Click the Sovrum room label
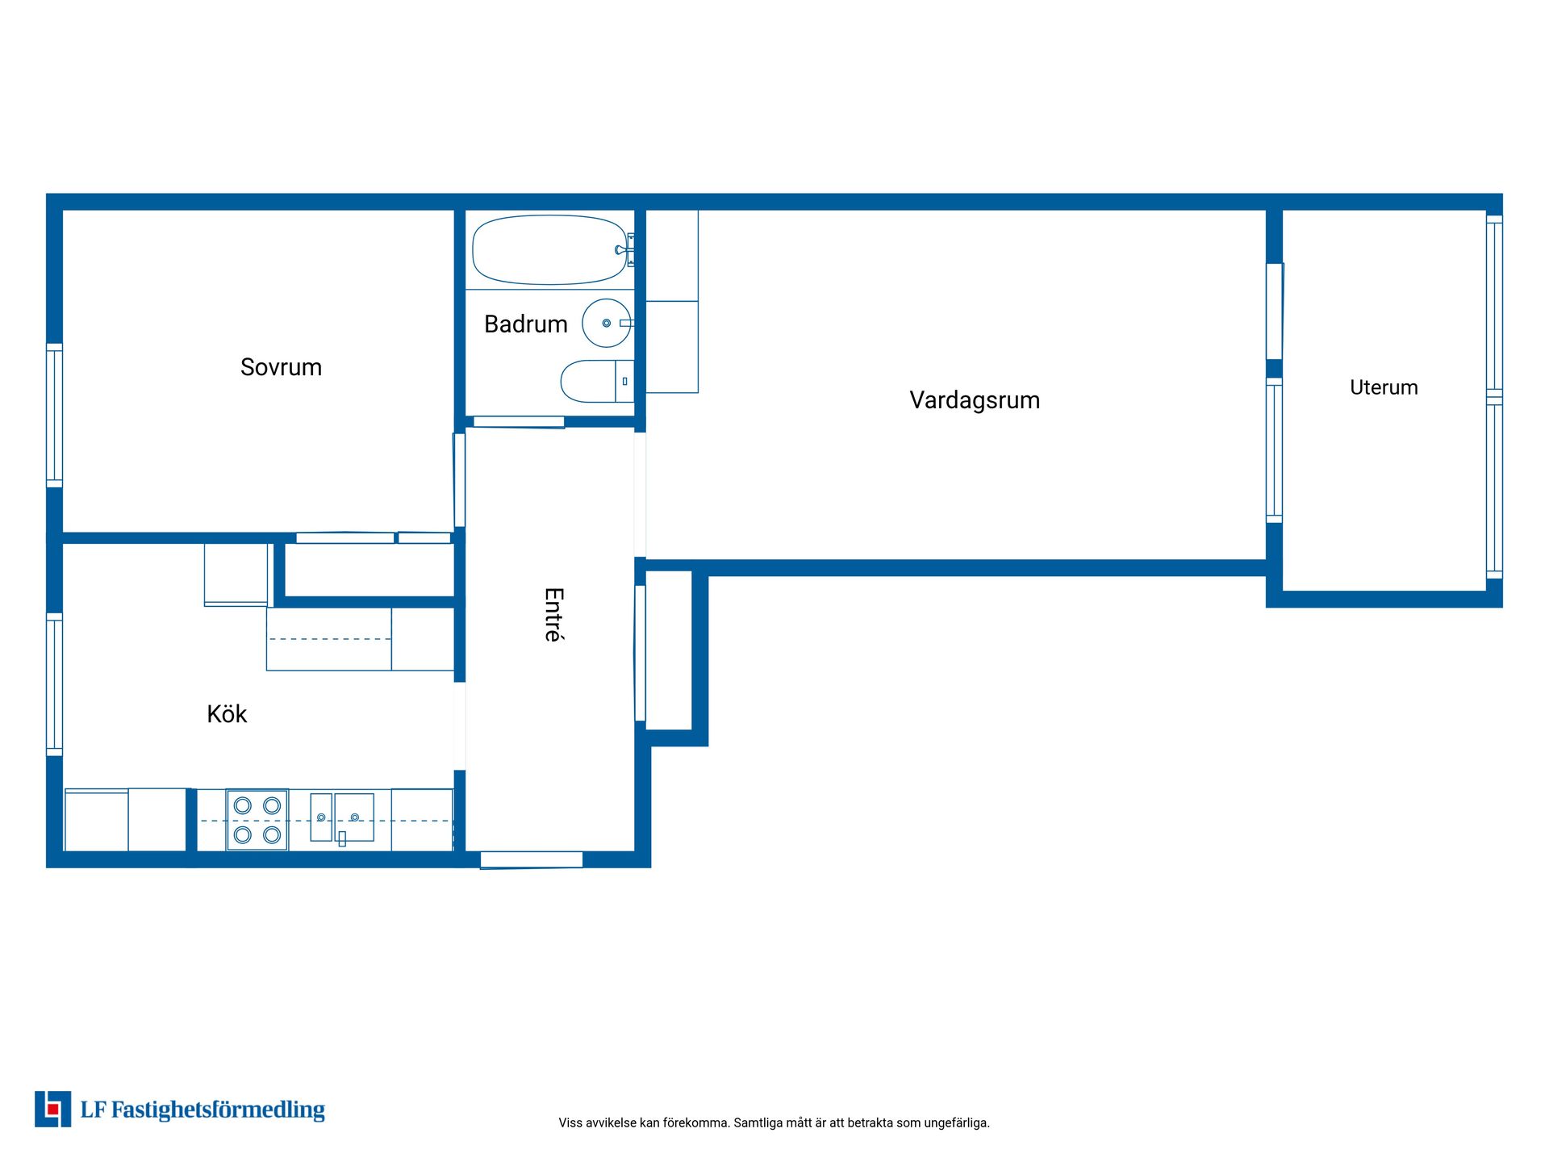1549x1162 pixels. [x=281, y=367]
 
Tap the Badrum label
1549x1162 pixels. [x=525, y=324]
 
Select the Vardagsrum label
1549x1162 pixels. [x=975, y=400]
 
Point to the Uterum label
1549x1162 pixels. [x=1384, y=387]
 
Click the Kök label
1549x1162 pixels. [x=227, y=713]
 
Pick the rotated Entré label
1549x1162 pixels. [x=554, y=615]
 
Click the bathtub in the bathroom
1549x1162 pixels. [x=549, y=249]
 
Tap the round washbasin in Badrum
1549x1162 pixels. [x=607, y=323]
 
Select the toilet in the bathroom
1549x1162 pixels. [x=597, y=381]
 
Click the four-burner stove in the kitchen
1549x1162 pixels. [x=257, y=820]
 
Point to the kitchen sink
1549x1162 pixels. [x=342, y=817]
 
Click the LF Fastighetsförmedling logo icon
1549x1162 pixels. [x=52, y=1109]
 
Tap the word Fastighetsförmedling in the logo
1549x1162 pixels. [x=218, y=1110]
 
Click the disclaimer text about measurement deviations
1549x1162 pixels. [x=774, y=1122]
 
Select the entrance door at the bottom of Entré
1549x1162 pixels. [x=532, y=860]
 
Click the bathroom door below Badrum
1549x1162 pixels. [x=519, y=422]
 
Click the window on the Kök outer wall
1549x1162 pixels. [x=54, y=684]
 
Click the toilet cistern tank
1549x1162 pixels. [x=624, y=381]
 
